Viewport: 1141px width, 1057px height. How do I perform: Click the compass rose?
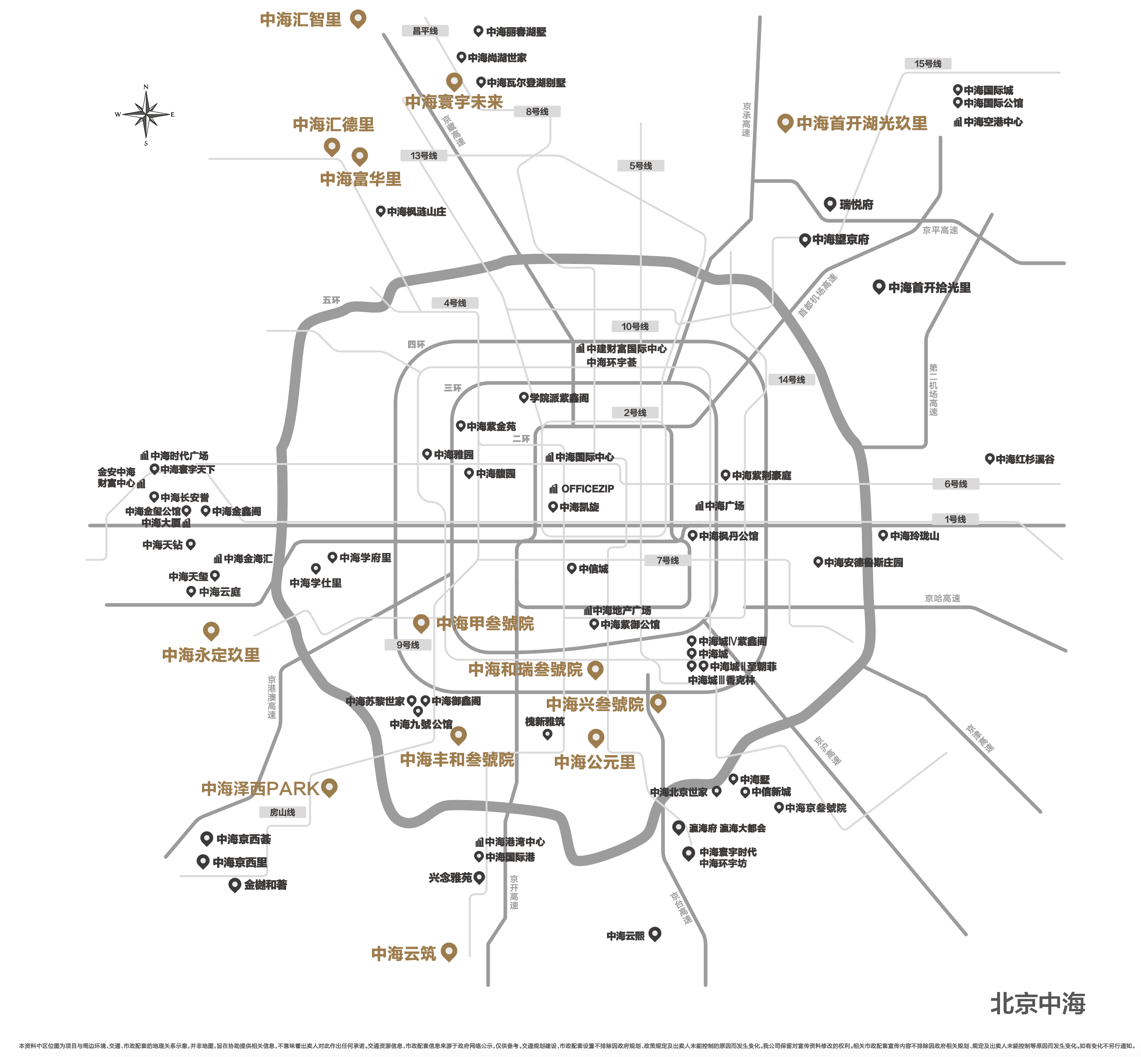point(146,114)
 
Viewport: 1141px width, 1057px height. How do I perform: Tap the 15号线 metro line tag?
point(927,64)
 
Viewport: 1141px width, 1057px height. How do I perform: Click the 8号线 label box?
point(537,112)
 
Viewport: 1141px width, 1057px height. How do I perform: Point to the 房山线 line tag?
point(283,812)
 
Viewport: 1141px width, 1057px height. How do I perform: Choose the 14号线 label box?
point(791,379)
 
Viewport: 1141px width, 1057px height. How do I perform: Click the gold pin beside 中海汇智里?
point(358,18)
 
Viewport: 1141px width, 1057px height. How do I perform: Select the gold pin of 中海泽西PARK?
point(329,787)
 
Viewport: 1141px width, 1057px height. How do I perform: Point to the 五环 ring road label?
point(331,300)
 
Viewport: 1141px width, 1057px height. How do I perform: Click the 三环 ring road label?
point(452,388)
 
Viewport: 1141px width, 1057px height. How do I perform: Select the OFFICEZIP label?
point(587,489)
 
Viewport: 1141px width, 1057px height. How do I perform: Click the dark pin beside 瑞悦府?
point(830,203)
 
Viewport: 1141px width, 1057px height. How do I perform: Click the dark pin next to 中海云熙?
point(655,934)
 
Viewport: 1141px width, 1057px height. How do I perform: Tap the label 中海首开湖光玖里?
point(862,123)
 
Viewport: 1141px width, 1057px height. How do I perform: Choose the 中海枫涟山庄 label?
point(416,211)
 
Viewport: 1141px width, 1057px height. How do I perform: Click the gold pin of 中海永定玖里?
point(211,630)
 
